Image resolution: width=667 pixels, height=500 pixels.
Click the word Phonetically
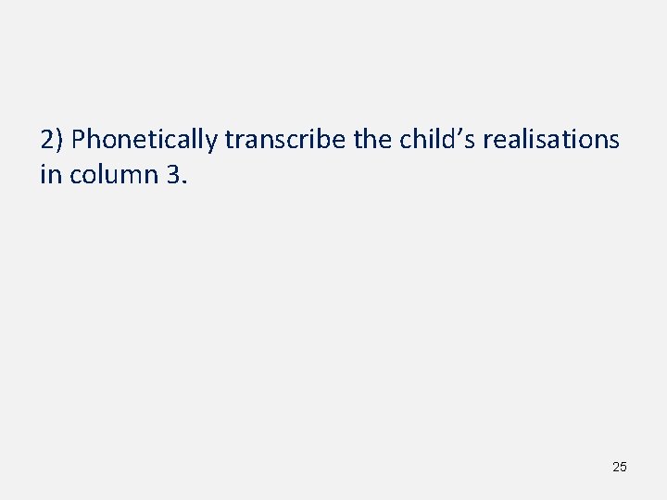tap(145, 140)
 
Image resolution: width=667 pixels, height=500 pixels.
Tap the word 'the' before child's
tap(373, 140)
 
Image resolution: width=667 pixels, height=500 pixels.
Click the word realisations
tap(551, 140)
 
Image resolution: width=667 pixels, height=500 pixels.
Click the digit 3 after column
tap(174, 173)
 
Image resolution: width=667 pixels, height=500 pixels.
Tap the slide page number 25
tap(619, 467)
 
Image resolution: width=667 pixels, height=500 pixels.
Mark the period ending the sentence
tap(184, 180)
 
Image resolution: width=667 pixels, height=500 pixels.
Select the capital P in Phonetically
tap(79, 140)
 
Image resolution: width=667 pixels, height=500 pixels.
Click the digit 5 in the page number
tap(623, 467)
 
